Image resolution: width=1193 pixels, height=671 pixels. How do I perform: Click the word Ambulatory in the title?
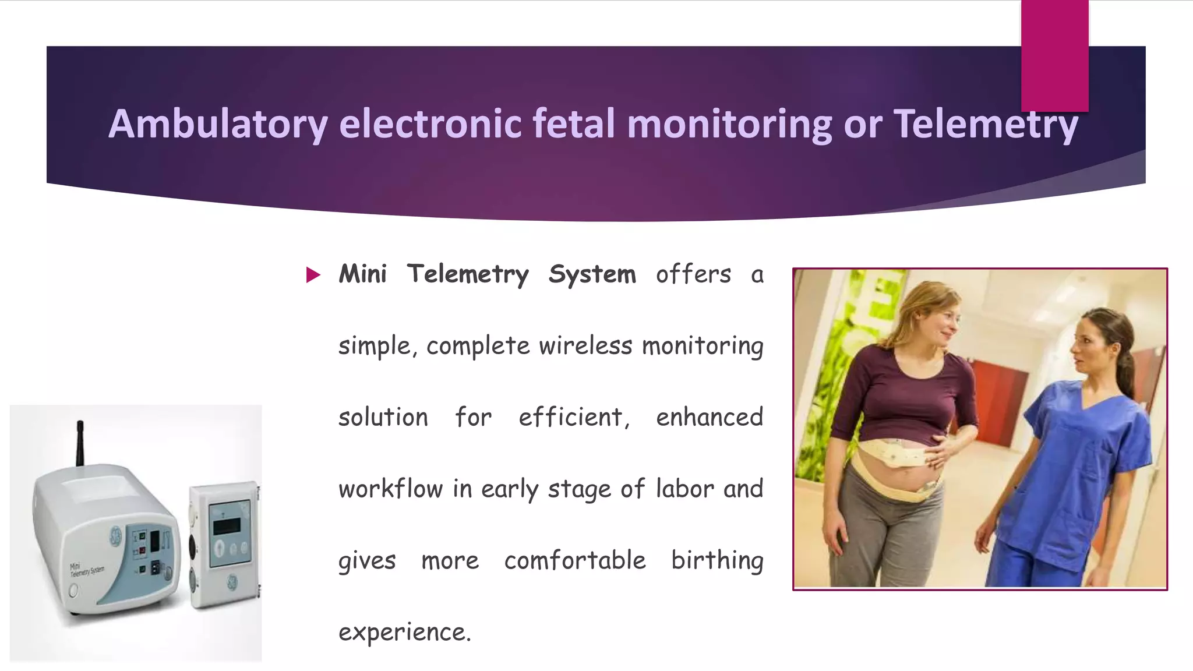[x=218, y=124]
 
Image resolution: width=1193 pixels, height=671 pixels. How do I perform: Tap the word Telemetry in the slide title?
[x=986, y=124]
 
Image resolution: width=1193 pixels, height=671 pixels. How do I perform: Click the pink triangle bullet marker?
[x=313, y=275]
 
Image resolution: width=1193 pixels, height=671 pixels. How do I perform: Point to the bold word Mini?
[x=362, y=274]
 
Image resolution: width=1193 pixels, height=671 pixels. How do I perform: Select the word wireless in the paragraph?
[x=585, y=346]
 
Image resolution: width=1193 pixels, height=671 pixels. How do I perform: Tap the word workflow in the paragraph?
[x=390, y=489]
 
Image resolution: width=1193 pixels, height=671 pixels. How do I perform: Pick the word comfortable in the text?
[x=575, y=560]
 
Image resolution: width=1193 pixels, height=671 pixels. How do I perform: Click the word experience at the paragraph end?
[x=404, y=632]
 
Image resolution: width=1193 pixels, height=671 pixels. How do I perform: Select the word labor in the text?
[x=684, y=489]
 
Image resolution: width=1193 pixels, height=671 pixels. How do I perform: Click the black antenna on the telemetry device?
[x=80, y=443]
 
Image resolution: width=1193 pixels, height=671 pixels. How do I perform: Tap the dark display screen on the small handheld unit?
[x=227, y=525]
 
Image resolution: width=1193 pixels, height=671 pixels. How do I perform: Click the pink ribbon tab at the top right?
[x=1054, y=55]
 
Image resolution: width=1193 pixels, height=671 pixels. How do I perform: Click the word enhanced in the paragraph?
[x=709, y=418]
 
